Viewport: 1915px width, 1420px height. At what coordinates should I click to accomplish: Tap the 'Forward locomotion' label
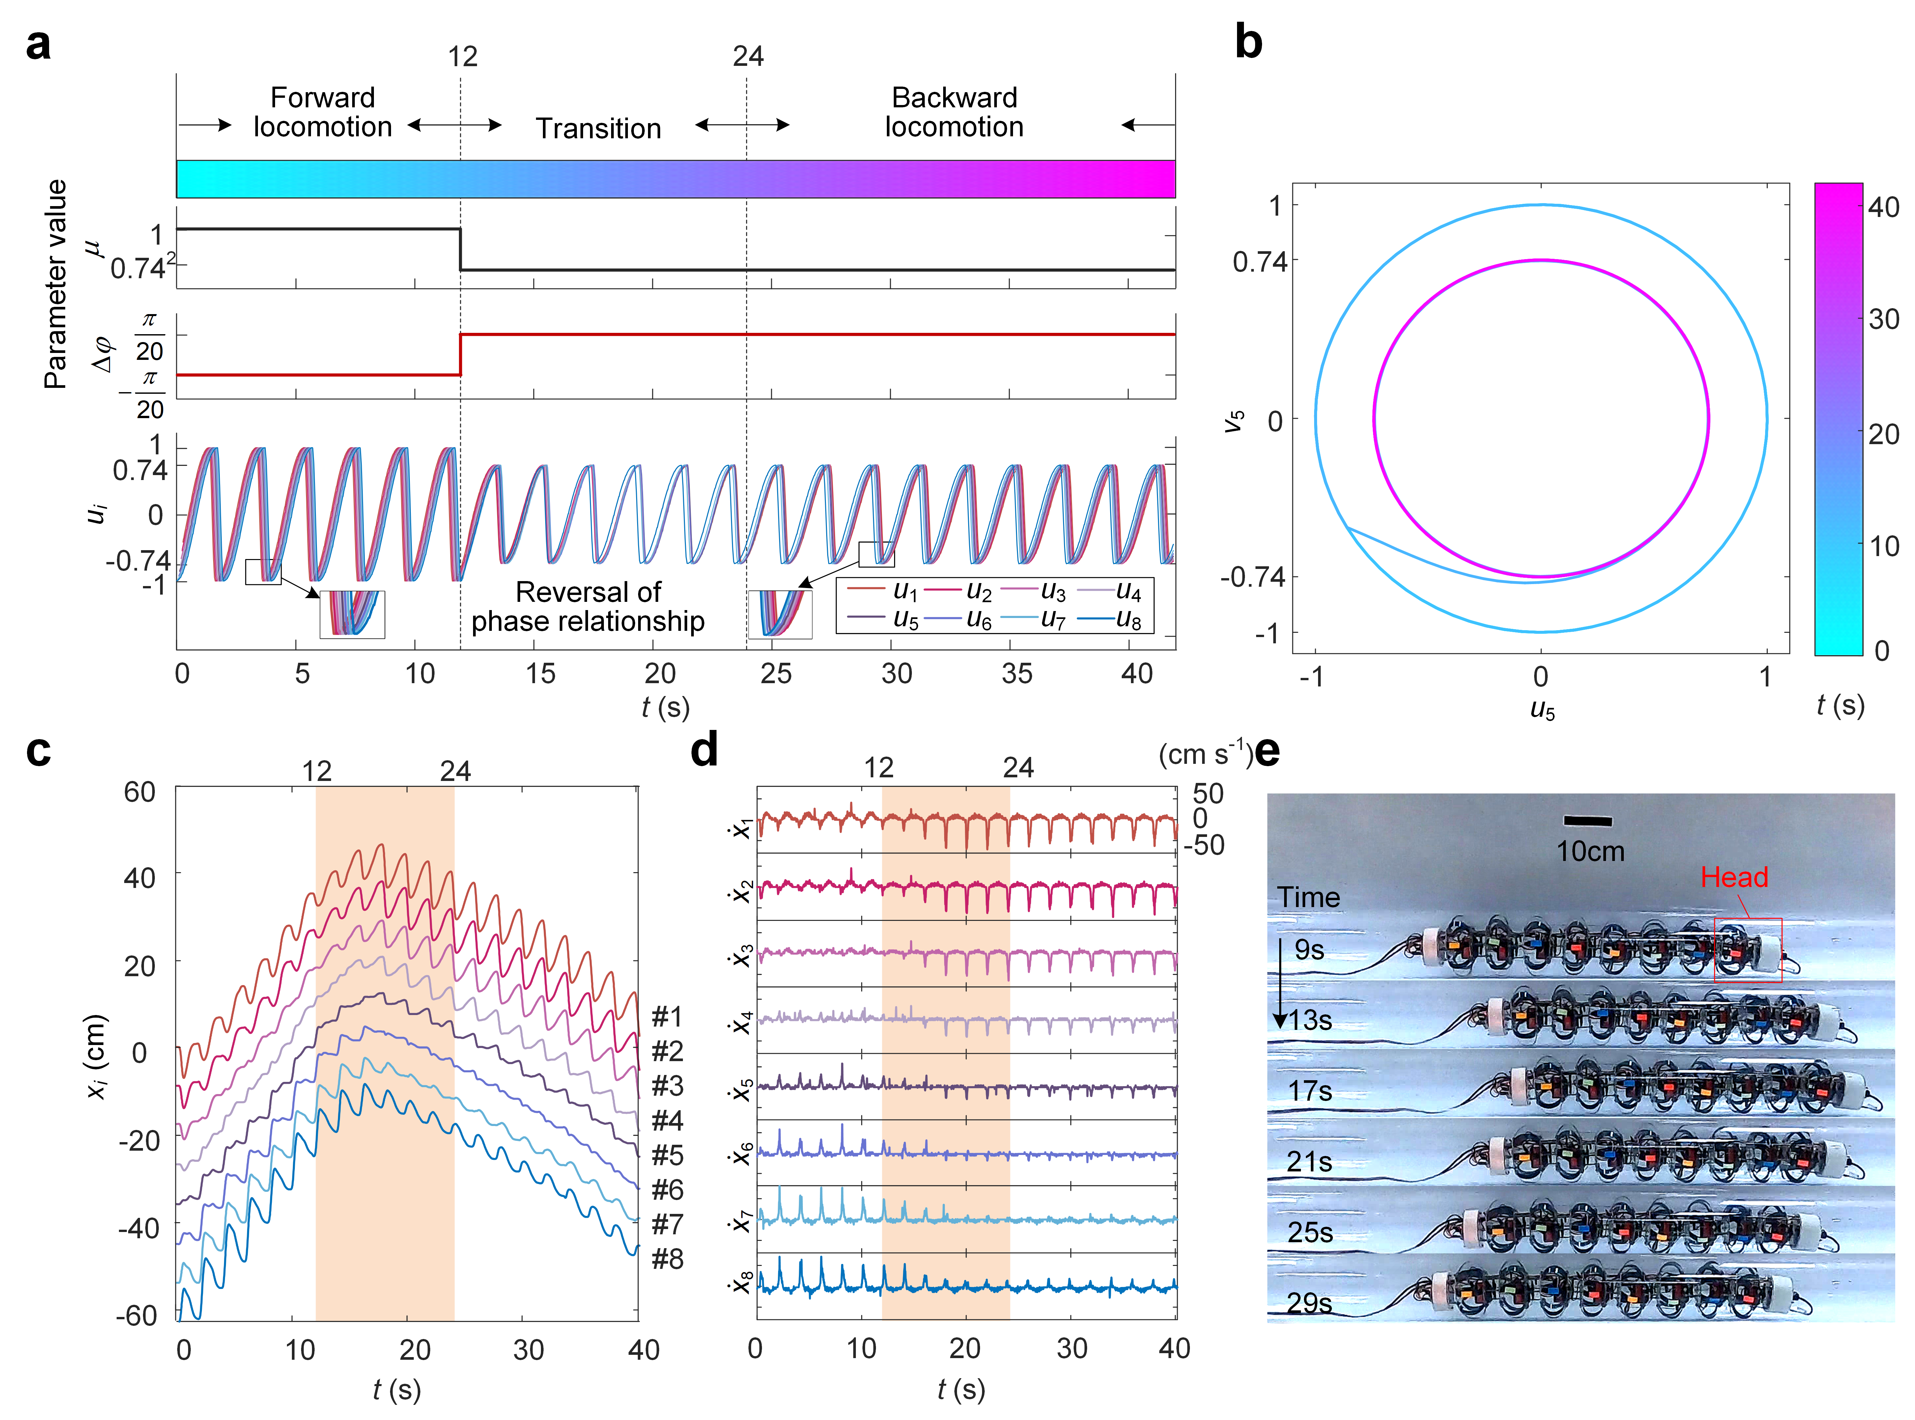point(323,112)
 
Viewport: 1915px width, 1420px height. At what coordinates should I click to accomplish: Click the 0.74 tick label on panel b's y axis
point(1259,261)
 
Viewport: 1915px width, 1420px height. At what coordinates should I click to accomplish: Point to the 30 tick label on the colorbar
point(1882,320)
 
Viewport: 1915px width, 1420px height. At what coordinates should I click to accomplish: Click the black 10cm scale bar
point(1587,821)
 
